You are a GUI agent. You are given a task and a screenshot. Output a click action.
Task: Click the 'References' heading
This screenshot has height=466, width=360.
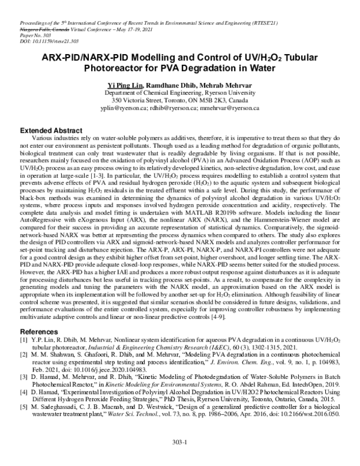pyautogui.click(x=40, y=331)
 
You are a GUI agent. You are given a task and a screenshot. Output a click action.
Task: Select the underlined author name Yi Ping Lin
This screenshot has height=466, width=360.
pyautogui.click(x=124, y=86)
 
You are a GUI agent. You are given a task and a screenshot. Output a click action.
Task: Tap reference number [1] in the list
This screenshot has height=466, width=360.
pyautogui.click(x=25, y=340)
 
